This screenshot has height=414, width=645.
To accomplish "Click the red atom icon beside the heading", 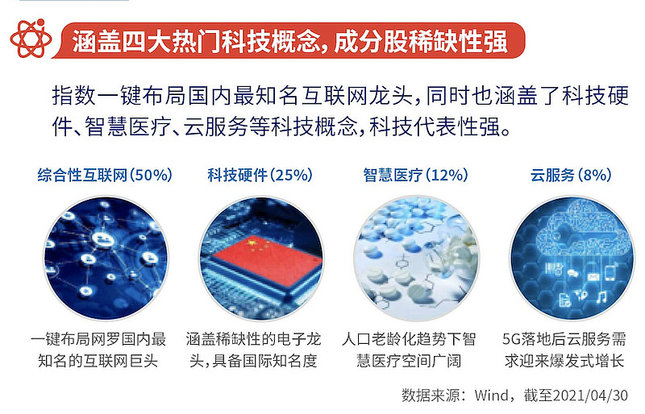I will pyautogui.click(x=30, y=39).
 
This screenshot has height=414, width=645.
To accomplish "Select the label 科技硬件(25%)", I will pyautogui.click(x=260, y=175).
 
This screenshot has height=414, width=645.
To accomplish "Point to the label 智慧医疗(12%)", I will pyautogui.click(x=415, y=175).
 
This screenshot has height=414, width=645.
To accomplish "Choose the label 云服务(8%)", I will pyautogui.click(x=570, y=175).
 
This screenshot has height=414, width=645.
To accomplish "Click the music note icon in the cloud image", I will pyautogui.click(x=601, y=297).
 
